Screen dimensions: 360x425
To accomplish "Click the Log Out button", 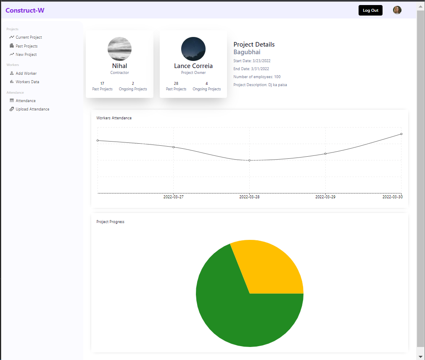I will pos(370,11).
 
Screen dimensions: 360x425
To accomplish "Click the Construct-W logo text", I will pos(25,11).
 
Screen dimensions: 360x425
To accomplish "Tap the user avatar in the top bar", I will pos(397,11).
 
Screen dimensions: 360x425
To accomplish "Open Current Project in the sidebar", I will pos(29,37).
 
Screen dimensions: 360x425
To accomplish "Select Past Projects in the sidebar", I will pos(26,46).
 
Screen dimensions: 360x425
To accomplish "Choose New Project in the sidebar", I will pos(26,55).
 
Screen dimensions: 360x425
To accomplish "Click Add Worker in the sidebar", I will pos(26,74).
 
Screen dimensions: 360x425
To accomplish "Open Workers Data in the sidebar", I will pos(27,82).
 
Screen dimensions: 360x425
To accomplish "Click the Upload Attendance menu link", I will pos(32,109).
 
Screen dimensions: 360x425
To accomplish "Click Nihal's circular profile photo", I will pos(119,49).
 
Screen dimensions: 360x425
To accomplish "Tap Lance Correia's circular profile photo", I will pos(193,49).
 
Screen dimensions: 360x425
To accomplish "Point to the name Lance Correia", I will pos(193,66).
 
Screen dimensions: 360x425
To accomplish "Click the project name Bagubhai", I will pos(247,52).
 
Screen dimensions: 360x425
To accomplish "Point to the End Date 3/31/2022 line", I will pos(251,69).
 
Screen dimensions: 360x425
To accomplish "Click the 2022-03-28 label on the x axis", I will pos(249,197).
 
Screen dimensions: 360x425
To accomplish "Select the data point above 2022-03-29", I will pos(325,154).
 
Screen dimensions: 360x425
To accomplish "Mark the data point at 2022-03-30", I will pos(401,134).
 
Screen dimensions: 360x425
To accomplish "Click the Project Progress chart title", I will pos(110,222).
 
